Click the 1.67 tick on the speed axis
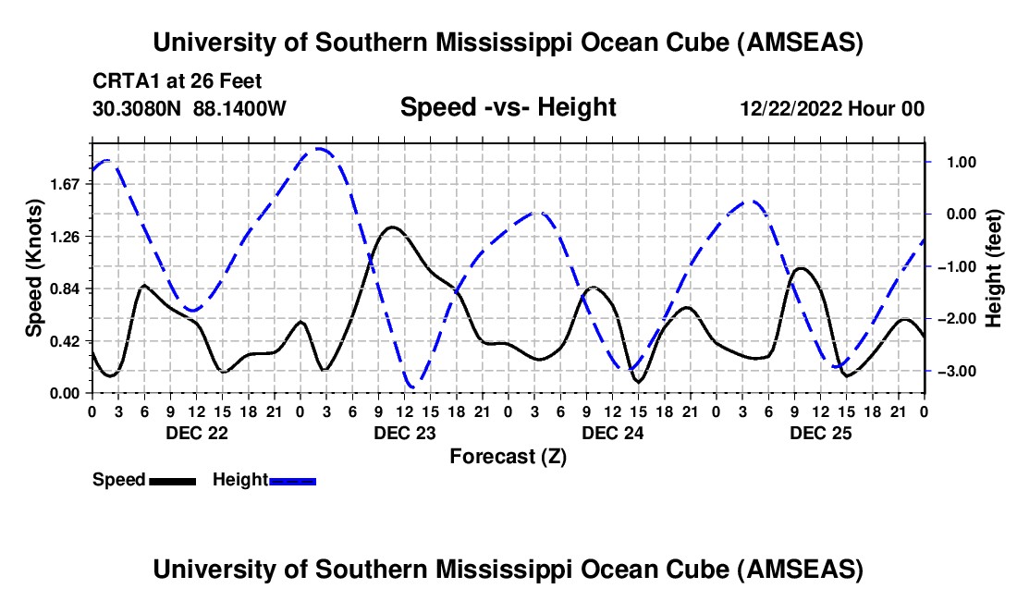click(x=67, y=184)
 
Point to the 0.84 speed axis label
click(x=67, y=288)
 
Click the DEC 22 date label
click(x=195, y=433)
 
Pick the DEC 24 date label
click(x=611, y=433)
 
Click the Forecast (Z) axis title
click(x=508, y=456)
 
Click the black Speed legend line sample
click(x=172, y=481)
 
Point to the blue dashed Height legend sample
click(x=292, y=481)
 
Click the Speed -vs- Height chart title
click(x=508, y=107)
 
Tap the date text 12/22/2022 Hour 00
click(x=832, y=109)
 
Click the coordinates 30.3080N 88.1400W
click(x=190, y=109)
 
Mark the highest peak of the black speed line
click(x=392, y=227)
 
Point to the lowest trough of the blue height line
click(x=413, y=386)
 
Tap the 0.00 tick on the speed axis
click(x=67, y=393)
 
